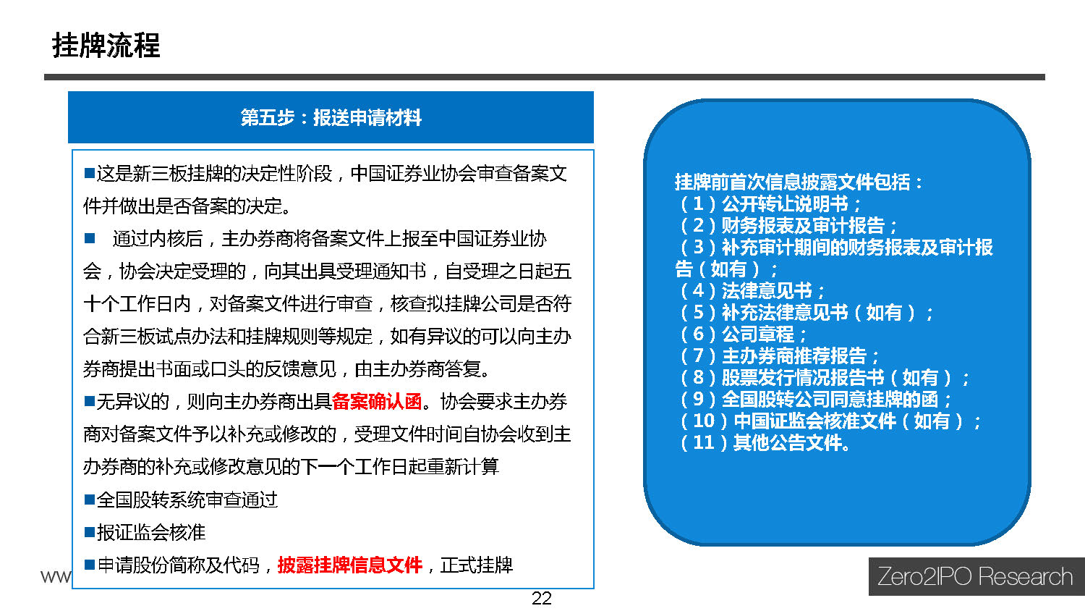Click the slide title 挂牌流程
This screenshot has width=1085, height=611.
[106, 46]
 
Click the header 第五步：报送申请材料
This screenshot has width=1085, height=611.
[331, 118]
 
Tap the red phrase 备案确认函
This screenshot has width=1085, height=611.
[377, 402]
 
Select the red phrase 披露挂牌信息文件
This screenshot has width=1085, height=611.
[349, 565]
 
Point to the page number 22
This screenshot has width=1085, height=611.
[542, 599]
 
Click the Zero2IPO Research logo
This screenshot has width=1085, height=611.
[976, 576]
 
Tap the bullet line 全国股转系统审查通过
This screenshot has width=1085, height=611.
[181, 500]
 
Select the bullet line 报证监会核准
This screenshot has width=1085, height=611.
[145, 532]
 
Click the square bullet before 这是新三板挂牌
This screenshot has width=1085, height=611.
[90, 173]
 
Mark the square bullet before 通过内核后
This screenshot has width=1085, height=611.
[90, 238]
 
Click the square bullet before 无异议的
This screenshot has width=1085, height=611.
[90, 401]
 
